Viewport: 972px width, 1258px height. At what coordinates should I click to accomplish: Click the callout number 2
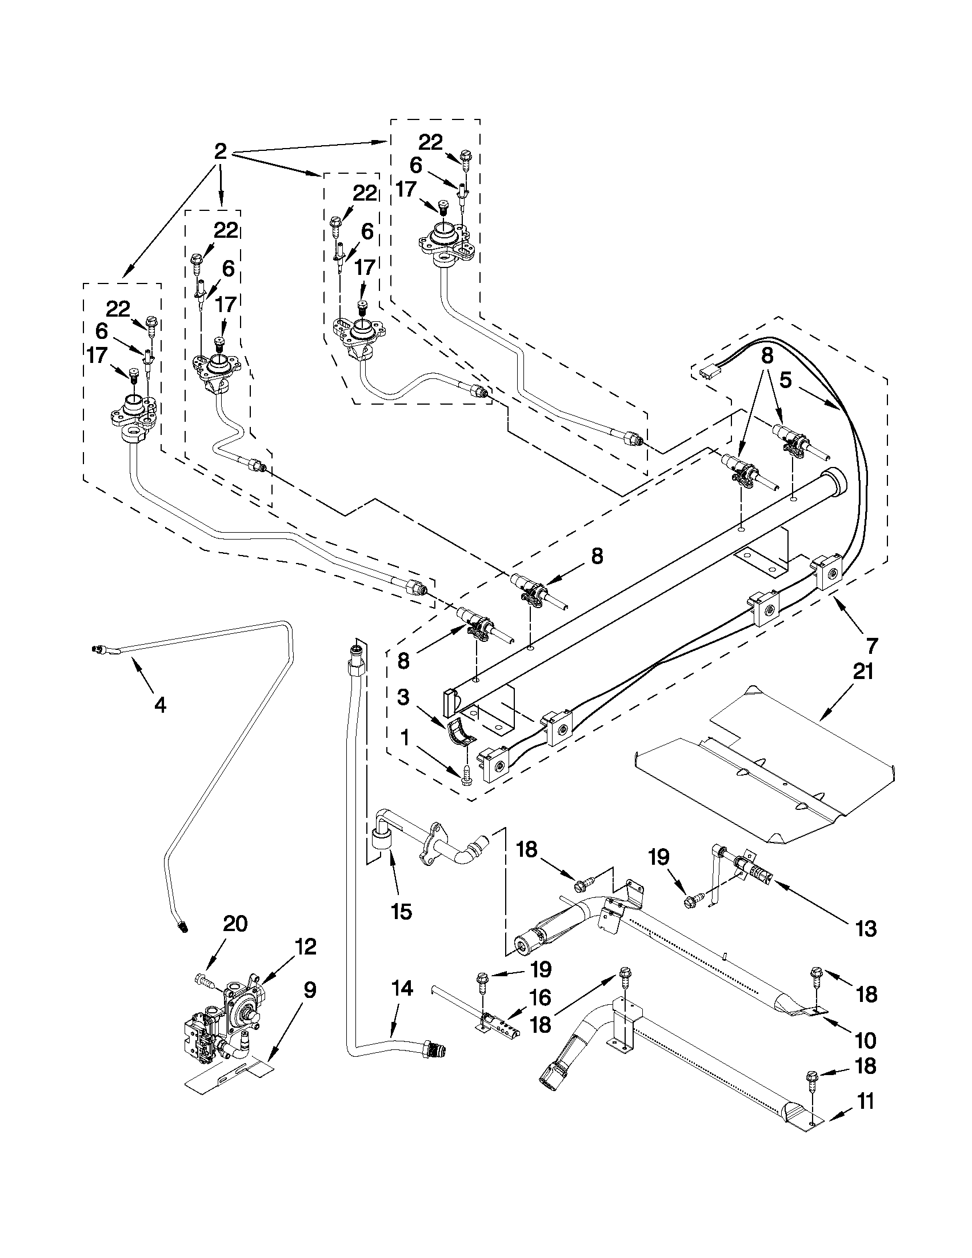tap(220, 151)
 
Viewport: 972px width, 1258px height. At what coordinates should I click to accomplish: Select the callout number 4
tap(160, 704)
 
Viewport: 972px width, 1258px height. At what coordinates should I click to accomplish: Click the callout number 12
tap(306, 947)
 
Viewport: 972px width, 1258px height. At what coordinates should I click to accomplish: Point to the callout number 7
tap(871, 646)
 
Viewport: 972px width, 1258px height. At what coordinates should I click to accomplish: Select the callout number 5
tap(786, 380)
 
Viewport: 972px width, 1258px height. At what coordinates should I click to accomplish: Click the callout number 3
tap(403, 697)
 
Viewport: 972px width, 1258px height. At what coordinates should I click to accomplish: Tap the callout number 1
tap(404, 738)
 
